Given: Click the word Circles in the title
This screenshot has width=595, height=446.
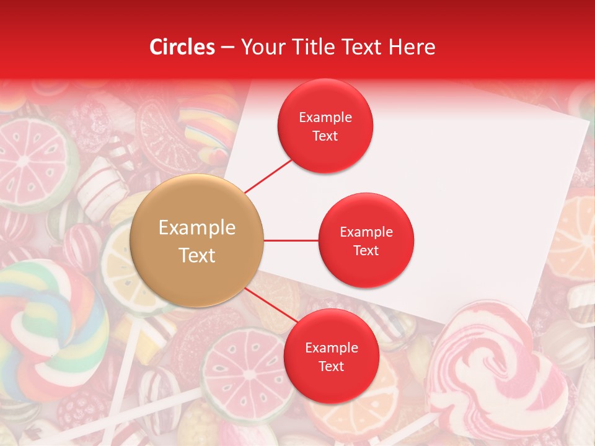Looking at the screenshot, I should pyautogui.click(x=182, y=47).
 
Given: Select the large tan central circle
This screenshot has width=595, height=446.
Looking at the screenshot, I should pyautogui.click(x=197, y=241).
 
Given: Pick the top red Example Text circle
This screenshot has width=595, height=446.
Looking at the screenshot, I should pyautogui.click(x=325, y=126).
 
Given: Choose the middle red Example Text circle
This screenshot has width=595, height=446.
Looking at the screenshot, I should pyautogui.click(x=366, y=240).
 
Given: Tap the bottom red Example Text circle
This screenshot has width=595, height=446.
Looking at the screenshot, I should pyautogui.click(x=331, y=356).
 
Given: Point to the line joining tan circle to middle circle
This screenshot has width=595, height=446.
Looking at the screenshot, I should pyautogui.click(x=291, y=240).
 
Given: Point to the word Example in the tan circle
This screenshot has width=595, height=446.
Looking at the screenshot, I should pyautogui.click(x=197, y=228).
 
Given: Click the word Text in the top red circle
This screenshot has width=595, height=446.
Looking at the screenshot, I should pyautogui.click(x=325, y=136).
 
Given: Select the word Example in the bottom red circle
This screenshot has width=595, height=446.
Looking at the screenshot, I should pyautogui.click(x=332, y=348).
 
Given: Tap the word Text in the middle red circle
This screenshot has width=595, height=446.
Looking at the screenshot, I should pyautogui.click(x=366, y=250).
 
